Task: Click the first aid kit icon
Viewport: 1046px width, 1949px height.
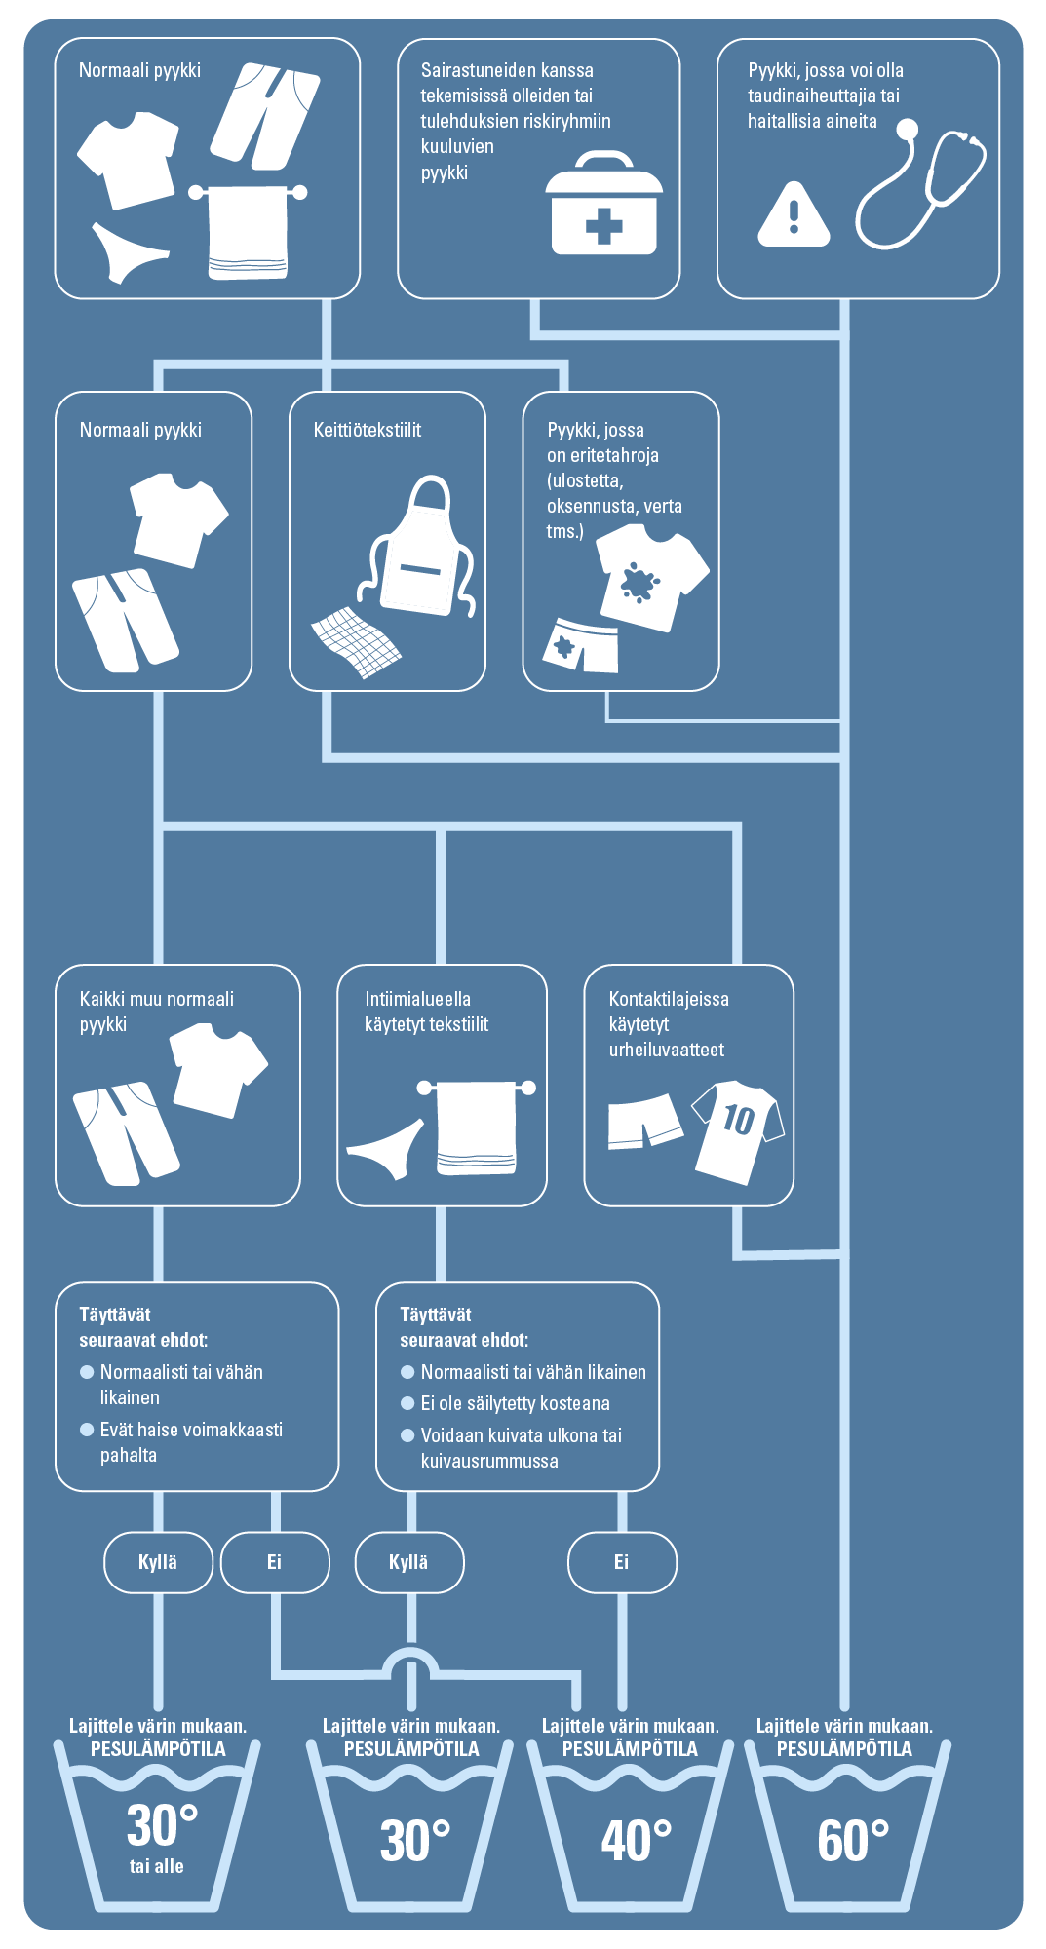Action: (603, 204)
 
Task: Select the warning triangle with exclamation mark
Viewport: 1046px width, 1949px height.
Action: (794, 213)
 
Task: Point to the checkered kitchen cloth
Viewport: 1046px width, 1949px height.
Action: (355, 642)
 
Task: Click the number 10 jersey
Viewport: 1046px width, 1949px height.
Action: (738, 1131)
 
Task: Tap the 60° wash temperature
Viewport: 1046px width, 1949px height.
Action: (853, 1840)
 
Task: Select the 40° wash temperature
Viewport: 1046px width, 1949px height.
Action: (636, 1840)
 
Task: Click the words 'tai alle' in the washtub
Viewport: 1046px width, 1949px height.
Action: (157, 1866)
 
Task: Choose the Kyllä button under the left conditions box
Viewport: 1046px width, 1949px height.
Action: (158, 1562)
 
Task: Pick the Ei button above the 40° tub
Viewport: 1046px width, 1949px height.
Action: (622, 1562)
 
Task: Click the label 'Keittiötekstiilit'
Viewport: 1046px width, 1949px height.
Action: (368, 430)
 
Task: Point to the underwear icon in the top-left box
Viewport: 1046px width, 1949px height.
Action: (129, 252)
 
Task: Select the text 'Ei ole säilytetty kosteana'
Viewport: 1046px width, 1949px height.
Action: (516, 1403)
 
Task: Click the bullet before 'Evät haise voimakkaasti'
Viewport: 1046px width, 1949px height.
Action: (87, 1430)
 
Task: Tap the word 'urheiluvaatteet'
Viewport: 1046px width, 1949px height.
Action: (667, 1050)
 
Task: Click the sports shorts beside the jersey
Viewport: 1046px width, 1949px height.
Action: (644, 1122)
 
